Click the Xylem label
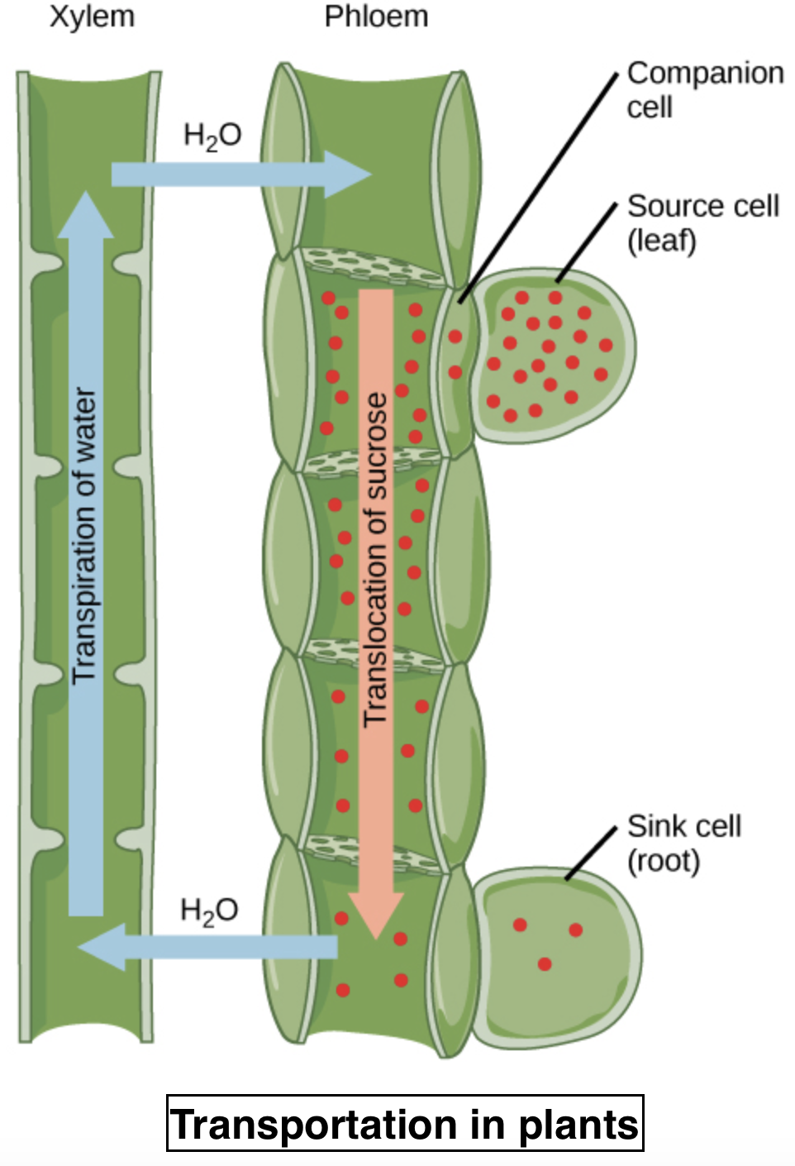[x=92, y=17]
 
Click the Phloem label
[x=376, y=17]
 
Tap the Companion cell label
[x=704, y=89]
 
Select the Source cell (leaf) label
[x=702, y=222]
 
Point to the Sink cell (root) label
[x=683, y=843]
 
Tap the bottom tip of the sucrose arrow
[x=377, y=936]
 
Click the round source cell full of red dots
[x=550, y=356]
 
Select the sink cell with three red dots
[x=554, y=955]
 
